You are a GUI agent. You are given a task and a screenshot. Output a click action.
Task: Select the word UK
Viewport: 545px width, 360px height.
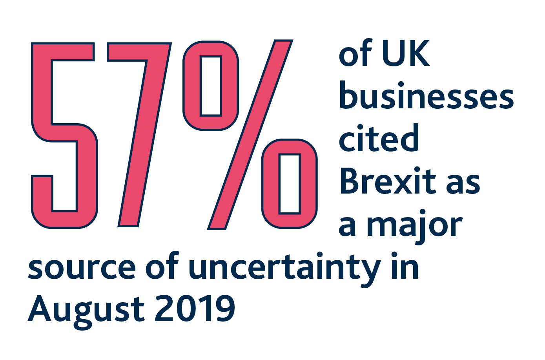[405, 54]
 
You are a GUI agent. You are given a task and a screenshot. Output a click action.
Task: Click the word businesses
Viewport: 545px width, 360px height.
[426, 96]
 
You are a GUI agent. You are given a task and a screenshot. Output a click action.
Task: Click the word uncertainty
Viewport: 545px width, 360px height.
[284, 269]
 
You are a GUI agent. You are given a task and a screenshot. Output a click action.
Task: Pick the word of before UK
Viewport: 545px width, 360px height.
[355, 54]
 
